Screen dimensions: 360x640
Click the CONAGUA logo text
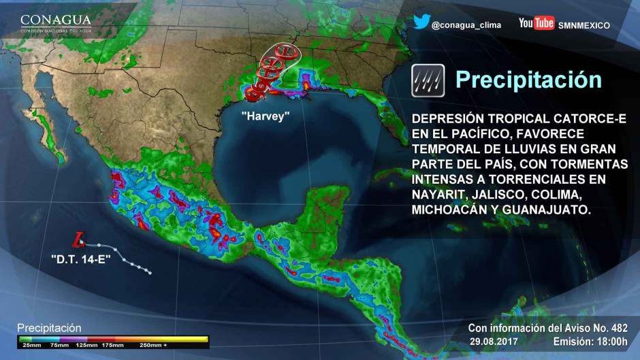(x=55, y=20)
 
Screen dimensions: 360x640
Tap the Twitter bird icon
(x=421, y=22)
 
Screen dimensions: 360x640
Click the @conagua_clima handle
(x=466, y=25)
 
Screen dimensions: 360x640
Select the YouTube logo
(x=537, y=24)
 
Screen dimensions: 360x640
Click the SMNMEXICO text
(x=583, y=25)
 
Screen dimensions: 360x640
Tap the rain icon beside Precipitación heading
(x=428, y=80)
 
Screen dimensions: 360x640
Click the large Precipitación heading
(x=528, y=80)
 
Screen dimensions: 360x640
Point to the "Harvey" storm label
(x=266, y=116)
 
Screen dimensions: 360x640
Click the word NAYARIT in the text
(x=437, y=195)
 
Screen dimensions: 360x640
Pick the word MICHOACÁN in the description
(x=449, y=211)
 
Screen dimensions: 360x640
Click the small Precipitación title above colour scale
(x=49, y=328)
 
